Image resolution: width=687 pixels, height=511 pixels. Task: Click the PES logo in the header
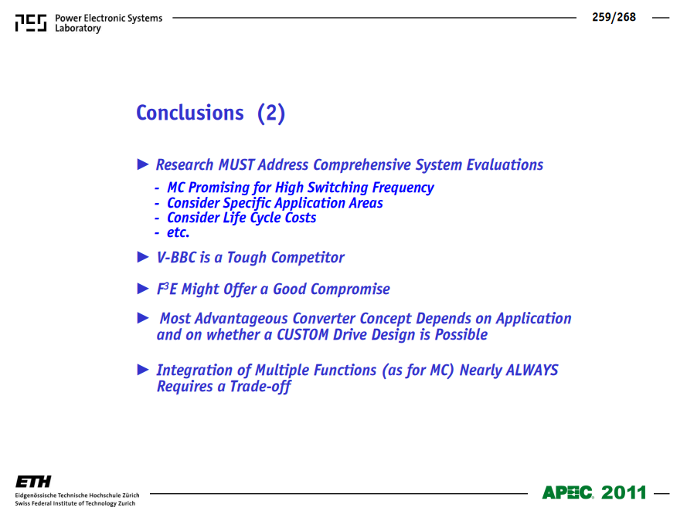pos(31,22)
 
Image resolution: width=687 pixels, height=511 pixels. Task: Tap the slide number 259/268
pos(614,17)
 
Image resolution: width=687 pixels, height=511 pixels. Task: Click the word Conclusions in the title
pos(189,113)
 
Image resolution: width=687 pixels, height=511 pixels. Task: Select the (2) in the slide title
pos(271,113)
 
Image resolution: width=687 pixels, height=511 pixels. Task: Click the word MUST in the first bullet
pos(236,165)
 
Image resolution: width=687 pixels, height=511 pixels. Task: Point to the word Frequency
pos(403,188)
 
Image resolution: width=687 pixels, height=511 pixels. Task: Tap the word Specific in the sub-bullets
pos(247,204)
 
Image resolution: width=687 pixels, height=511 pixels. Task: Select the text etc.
pos(178,232)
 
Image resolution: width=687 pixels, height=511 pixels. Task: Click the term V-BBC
pos(176,257)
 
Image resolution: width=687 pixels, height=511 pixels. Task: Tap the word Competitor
pos(308,258)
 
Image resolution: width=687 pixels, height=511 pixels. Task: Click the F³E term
pos(166,289)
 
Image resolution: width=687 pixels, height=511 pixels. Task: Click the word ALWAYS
pos(532,370)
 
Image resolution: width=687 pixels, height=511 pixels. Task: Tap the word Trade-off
pos(260,387)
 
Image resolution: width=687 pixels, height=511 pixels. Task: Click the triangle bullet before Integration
pos(143,370)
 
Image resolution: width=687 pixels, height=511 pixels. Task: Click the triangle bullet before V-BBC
pos(143,257)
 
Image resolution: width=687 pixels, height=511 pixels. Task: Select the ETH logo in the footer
pos(33,482)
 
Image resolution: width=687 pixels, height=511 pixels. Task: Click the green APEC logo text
pos(567,492)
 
